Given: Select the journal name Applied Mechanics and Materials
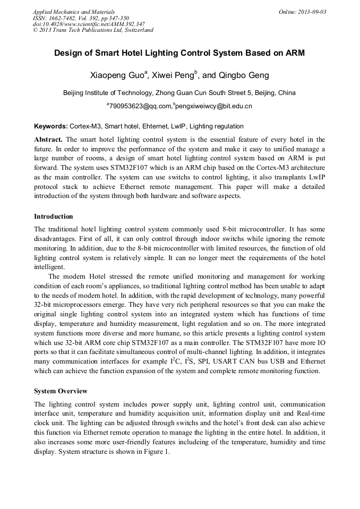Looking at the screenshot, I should point(74,12).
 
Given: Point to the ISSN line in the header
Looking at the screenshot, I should point(81,18).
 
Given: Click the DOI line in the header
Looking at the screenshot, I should point(89,24).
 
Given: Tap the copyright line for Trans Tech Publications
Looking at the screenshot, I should point(93,30).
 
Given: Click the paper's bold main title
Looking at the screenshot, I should point(179,54).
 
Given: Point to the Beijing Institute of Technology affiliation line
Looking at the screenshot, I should point(179,93).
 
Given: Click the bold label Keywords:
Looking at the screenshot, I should point(50,126).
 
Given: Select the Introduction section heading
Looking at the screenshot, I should point(54,217).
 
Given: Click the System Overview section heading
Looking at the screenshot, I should point(61,391).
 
